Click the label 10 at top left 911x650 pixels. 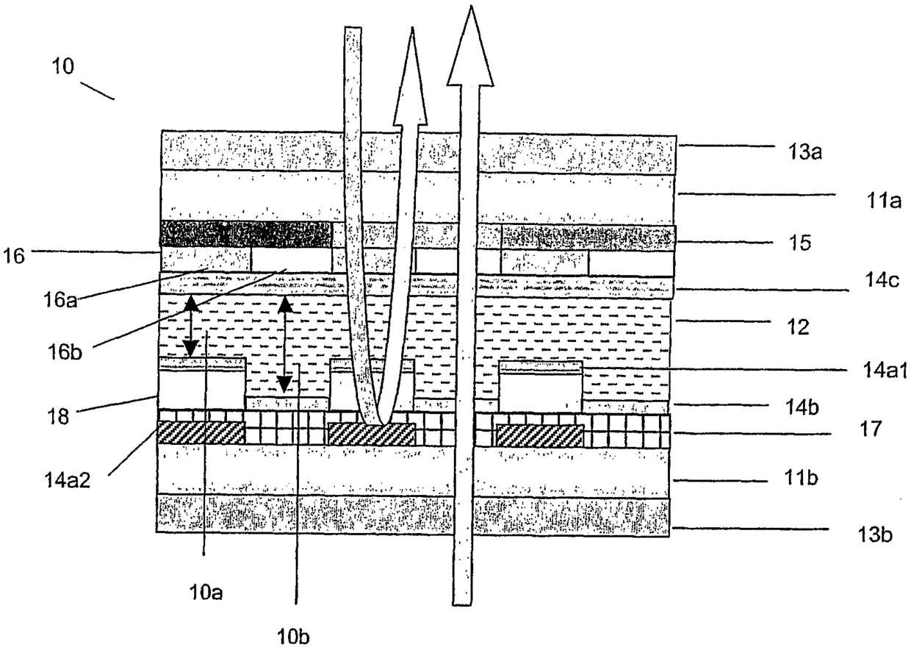point(63,66)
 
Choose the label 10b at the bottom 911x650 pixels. point(292,637)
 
